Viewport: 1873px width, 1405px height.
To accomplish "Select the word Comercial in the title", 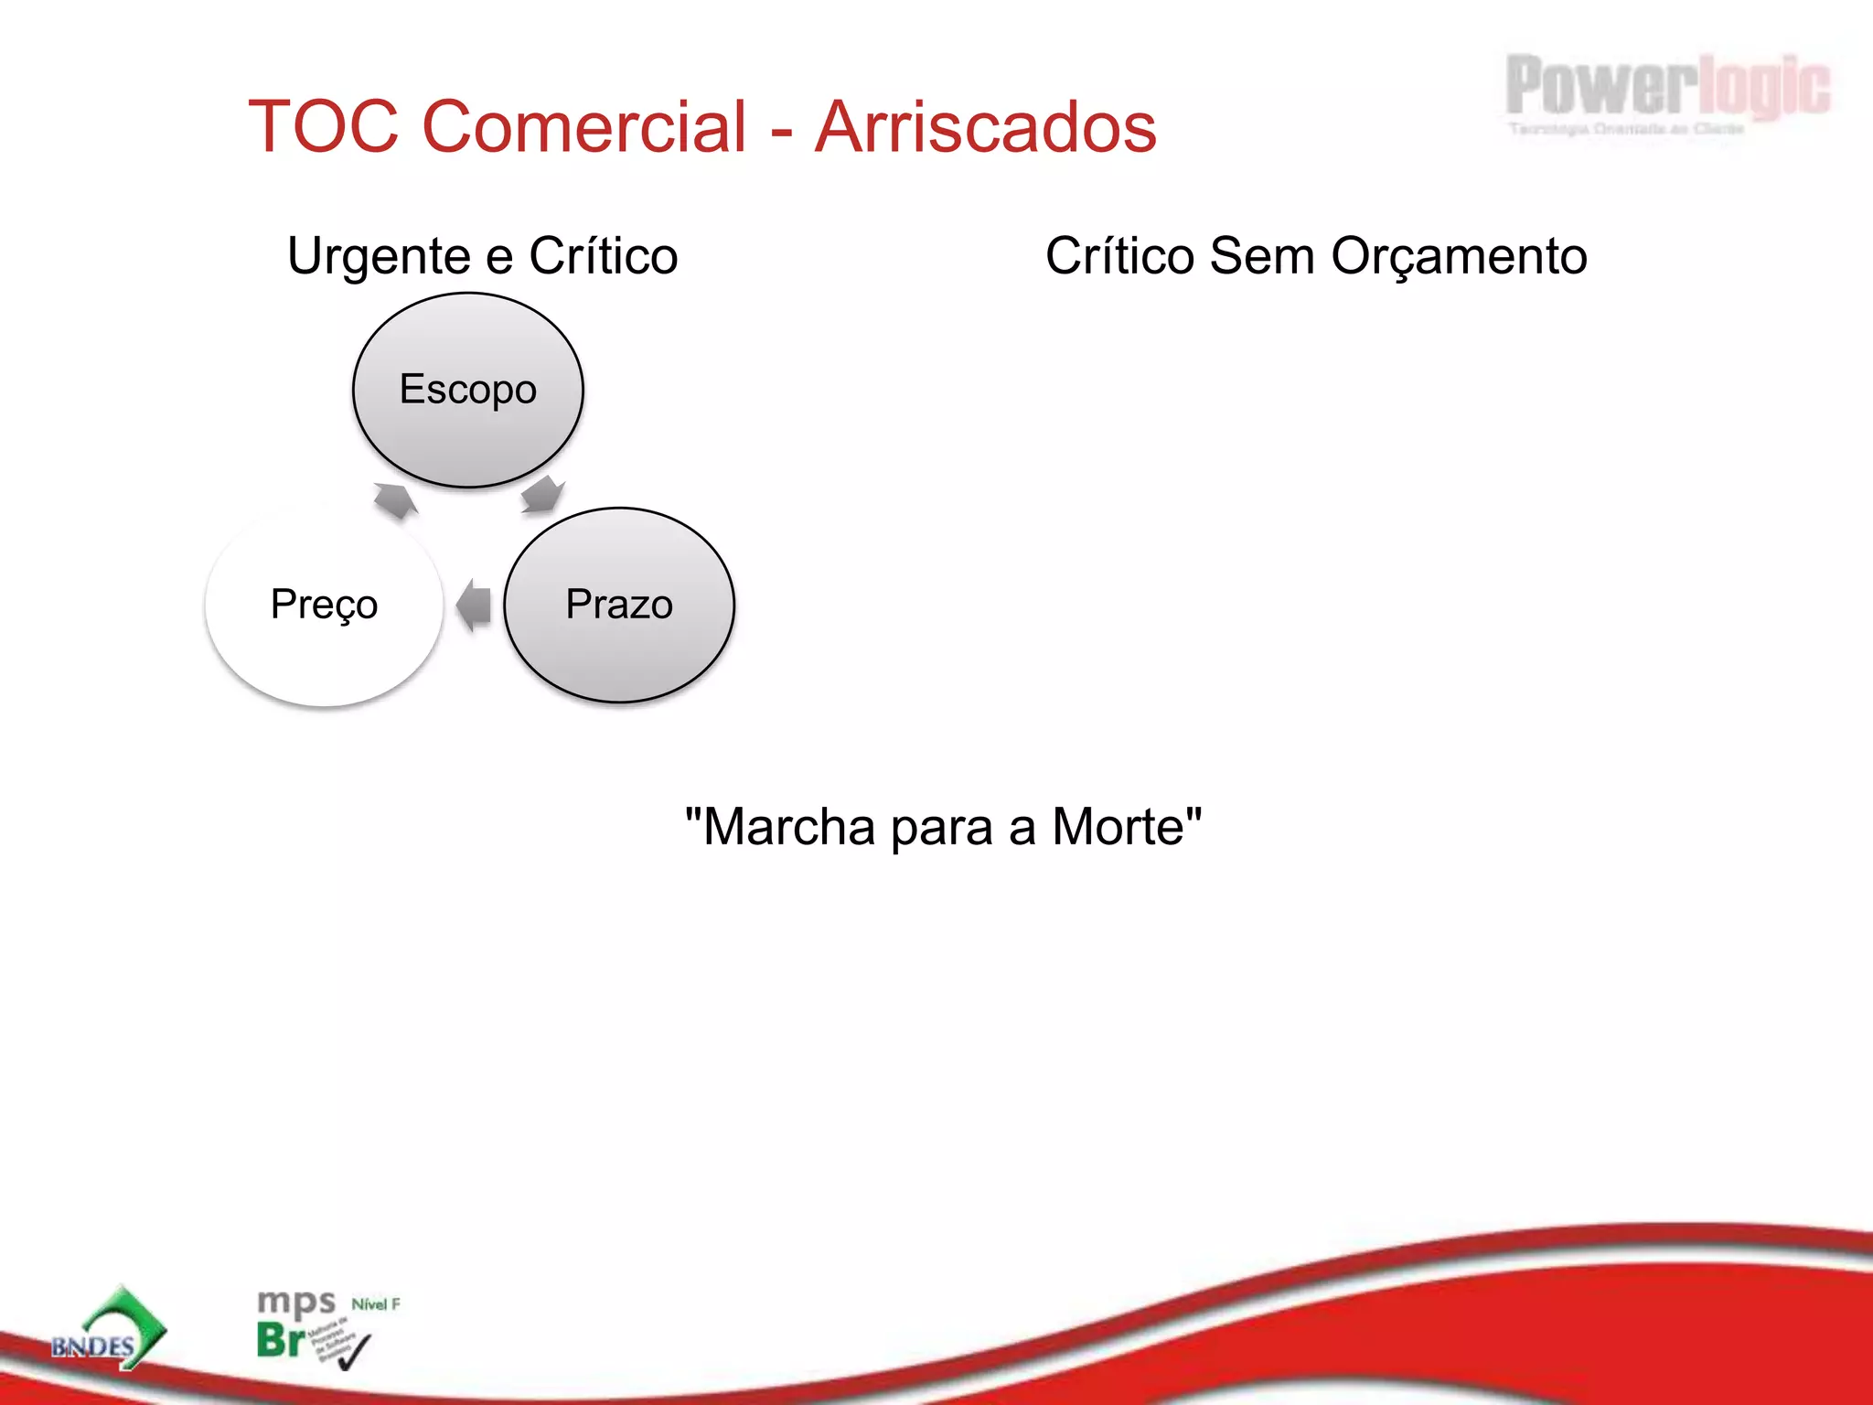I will pyautogui.click(x=584, y=126).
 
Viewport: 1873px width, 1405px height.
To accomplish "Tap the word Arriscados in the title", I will pyautogui.click(x=986, y=126).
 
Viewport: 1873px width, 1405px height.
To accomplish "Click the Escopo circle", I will pyautogui.click(x=468, y=390).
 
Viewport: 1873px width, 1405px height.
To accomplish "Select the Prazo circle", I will pyautogui.click(x=619, y=605).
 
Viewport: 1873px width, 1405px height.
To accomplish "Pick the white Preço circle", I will pyautogui.click(x=325, y=605).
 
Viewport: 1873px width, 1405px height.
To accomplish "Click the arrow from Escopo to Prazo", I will pyautogui.click(x=542, y=495).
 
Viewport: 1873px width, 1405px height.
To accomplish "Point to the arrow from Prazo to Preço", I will pyautogui.click(x=474, y=605).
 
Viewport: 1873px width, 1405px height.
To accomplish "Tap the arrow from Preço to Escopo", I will pyautogui.click(x=395, y=499).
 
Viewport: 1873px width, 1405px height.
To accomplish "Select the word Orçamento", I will pyautogui.click(x=1459, y=256).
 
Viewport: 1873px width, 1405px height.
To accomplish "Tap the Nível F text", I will pyautogui.click(x=376, y=1304).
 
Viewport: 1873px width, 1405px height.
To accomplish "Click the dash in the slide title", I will pyautogui.click(x=781, y=130).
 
